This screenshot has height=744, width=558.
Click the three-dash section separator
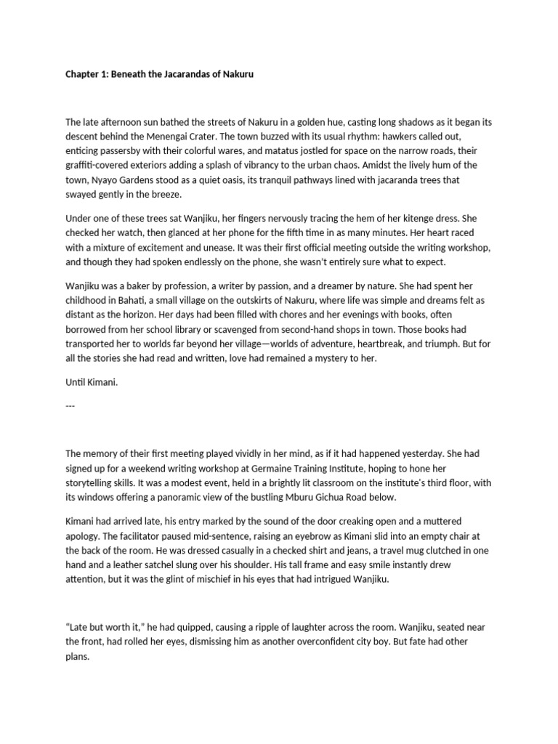coord(70,405)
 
